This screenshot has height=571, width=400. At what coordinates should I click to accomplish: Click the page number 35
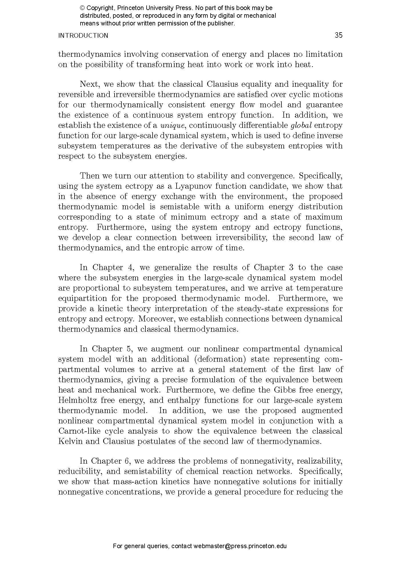tap(338, 35)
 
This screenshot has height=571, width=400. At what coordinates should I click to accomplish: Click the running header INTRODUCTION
tap(83, 36)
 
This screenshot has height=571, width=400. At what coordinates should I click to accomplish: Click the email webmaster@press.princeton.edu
tap(240, 546)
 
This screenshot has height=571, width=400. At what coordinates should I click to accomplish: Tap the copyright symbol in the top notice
tap(82, 8)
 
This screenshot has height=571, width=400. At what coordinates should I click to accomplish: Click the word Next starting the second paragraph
tap(89, 84)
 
